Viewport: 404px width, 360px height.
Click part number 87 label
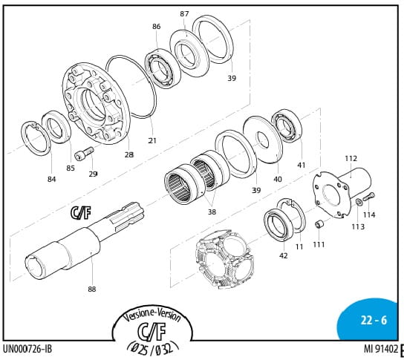184,14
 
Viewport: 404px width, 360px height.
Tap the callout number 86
156,27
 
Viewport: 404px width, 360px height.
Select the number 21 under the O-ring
152,140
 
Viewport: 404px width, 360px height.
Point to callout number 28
128,155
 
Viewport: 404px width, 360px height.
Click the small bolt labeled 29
84,153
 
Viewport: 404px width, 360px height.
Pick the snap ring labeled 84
36,139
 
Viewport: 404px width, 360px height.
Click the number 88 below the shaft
92,289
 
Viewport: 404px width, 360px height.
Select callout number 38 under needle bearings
212,212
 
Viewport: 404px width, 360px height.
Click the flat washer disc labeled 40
263,140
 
